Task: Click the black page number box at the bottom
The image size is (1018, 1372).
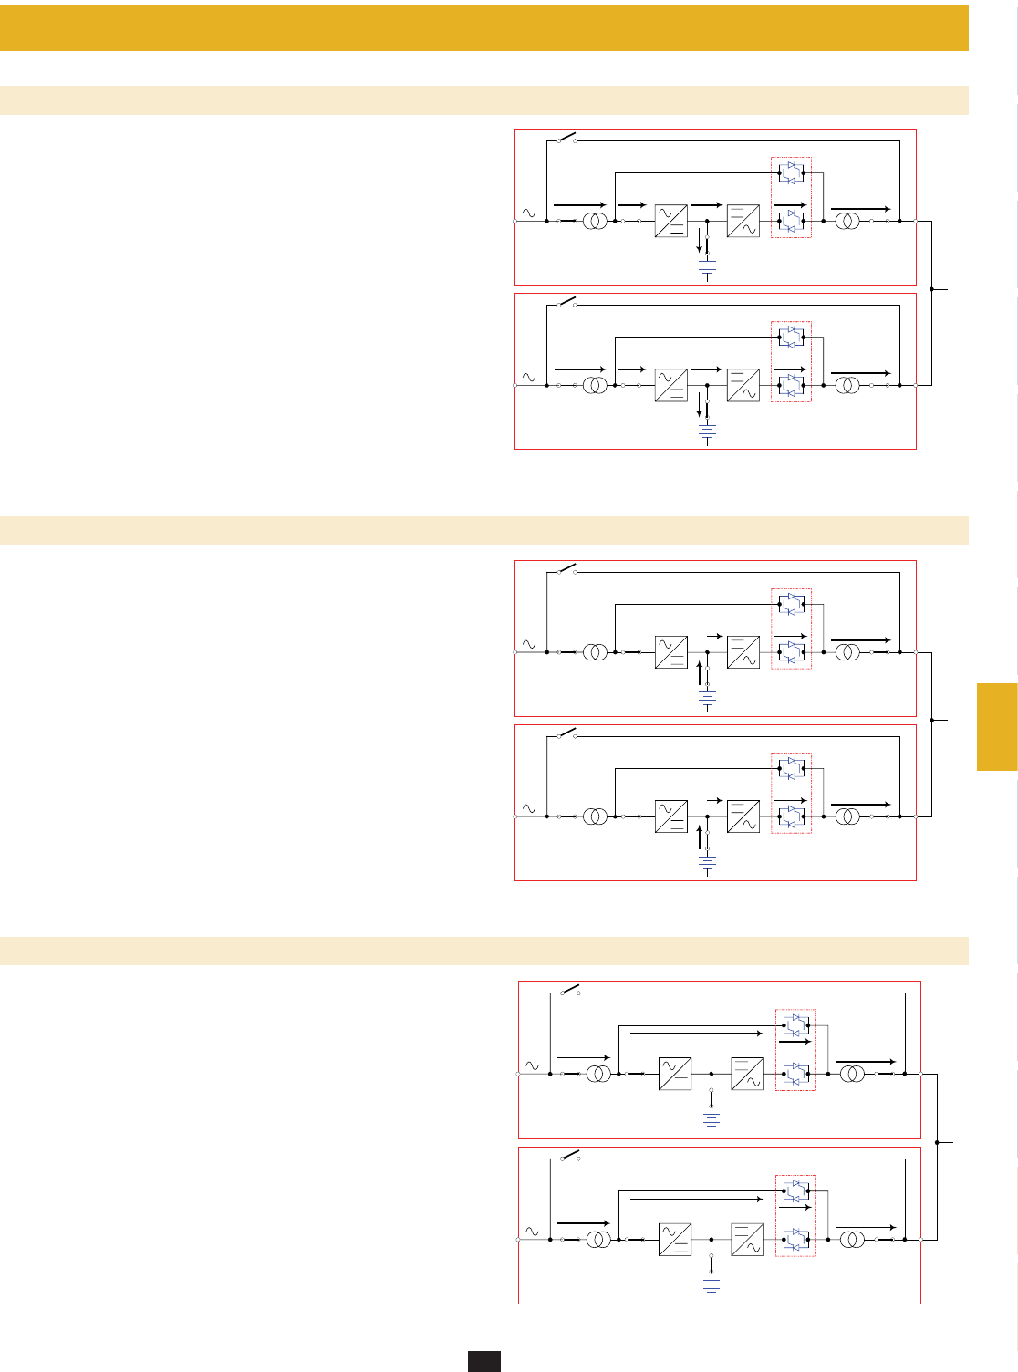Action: (x=484, y=1360)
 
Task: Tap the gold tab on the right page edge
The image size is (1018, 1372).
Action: (x=997, y=727)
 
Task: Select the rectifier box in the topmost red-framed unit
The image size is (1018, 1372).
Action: (x=670, y=222)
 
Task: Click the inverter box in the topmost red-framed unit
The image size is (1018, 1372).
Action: (x=743, y=222)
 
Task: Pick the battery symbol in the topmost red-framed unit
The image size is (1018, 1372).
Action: (x=708, y=268)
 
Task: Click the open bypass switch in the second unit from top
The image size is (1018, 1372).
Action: (x=566, y=301)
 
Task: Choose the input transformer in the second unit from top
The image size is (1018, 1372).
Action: (x=595, y=385)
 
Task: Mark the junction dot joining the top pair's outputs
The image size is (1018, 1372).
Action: (x=931, y=288)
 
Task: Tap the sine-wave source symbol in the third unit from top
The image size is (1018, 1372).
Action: (x=528, y=644)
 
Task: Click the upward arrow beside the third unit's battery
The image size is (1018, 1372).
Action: (x=699, y=673)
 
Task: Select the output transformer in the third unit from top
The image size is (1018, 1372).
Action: (x=847, y=652)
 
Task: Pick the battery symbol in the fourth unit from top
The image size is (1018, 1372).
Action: (x=708, y=864)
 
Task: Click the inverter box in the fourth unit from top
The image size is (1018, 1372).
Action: (x=743, y=816)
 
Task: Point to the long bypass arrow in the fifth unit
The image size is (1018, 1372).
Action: (x=695, y=1034)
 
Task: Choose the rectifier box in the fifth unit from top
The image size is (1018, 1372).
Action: (x=675, y=1075)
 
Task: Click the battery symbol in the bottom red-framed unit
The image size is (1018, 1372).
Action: (x=712, y=1287)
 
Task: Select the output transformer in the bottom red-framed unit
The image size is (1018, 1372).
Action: (x=852, y=1240)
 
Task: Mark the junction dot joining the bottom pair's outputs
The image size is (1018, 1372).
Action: (x=937, y=1142)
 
